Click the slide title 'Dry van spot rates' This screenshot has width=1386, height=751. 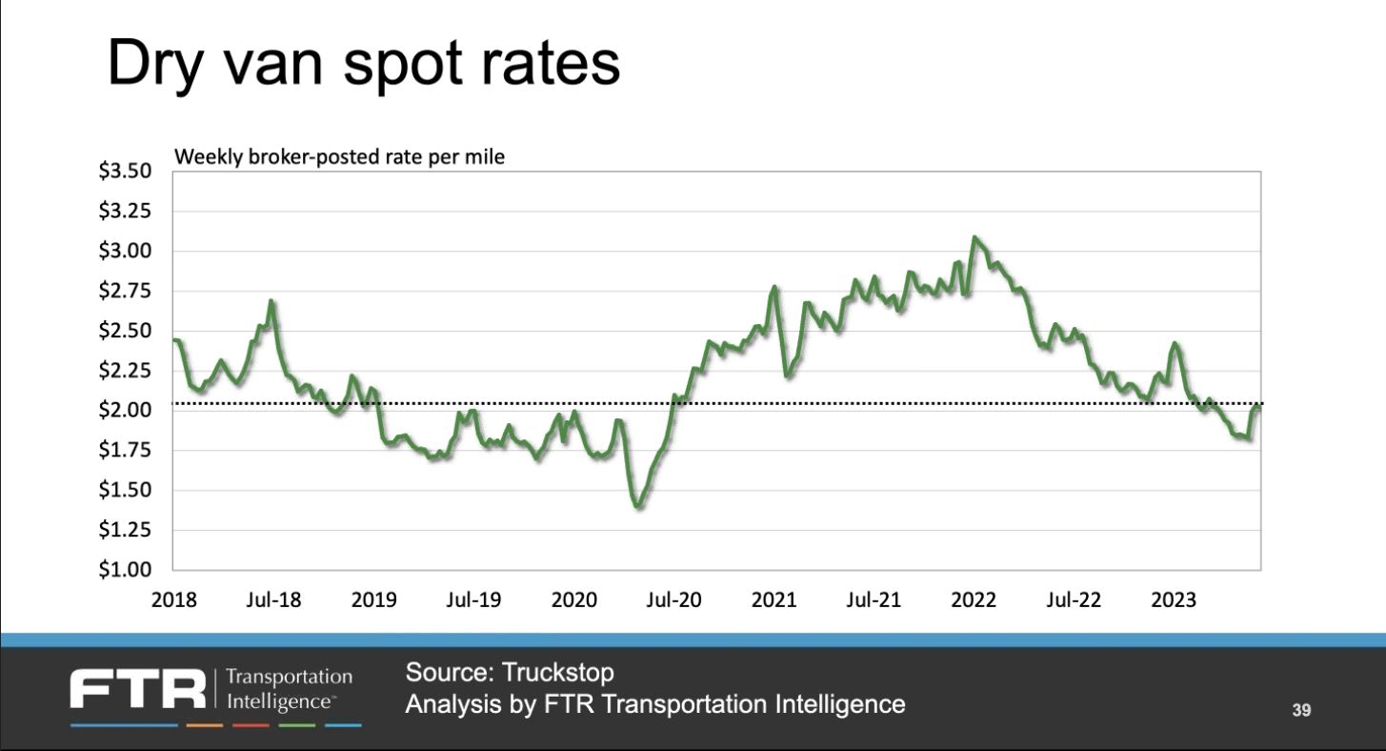click(x=362, y=66)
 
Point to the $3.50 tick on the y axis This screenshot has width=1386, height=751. click(x=126, y=172)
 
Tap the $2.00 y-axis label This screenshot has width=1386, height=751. click(x=126, y=411)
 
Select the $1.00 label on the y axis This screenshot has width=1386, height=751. click(x=126, y=570)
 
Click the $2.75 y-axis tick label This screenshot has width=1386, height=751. click(x=126, y=291)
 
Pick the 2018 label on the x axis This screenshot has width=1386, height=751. click(x=174, y=600)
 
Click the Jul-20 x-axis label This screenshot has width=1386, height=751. click(x=673, y=600)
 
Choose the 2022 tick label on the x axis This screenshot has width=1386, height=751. click(x=974, y=600)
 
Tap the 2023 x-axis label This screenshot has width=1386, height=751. click(x=1174, y=600)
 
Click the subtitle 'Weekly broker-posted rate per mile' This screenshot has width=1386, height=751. click(x=339, y=157)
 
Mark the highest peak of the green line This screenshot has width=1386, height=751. click(x=974, y=237)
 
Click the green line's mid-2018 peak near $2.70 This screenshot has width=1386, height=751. click(x=271, y=302)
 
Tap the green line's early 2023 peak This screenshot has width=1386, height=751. click(x=1175, y=343)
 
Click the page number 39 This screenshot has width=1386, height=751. click(x=1302, y=710)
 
